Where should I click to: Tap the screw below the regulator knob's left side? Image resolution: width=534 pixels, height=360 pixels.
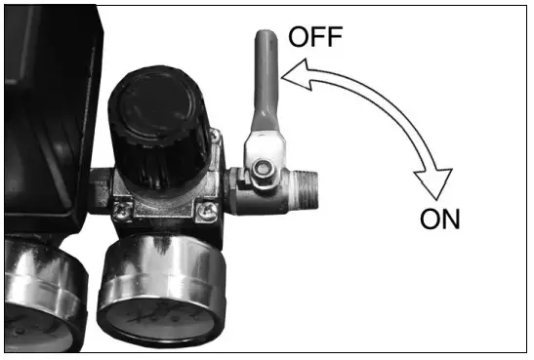[124, 204]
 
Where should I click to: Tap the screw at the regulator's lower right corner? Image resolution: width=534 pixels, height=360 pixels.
[207, 207]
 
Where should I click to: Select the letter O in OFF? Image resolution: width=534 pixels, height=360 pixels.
[301, 40]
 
